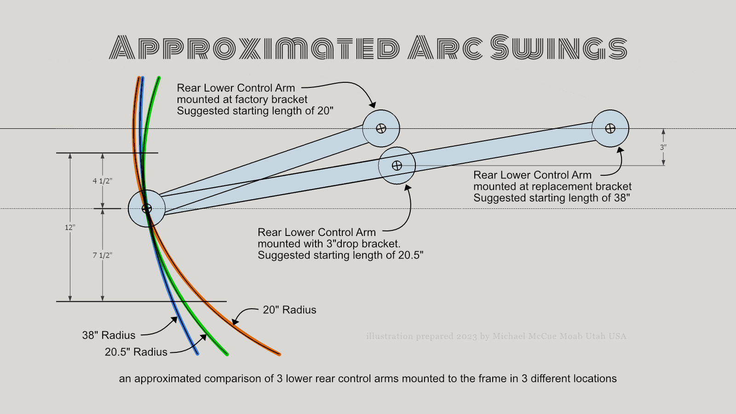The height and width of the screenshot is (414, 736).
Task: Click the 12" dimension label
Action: tap(69, 227)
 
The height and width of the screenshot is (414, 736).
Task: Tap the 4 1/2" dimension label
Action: tap(103, 181)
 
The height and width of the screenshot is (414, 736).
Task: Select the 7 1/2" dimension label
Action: tap(103, 255)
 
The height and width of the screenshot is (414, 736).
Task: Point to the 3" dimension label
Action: tap(663, 147)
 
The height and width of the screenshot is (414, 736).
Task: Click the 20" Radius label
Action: tap(289, 310)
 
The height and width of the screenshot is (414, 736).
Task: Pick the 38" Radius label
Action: tap(109, 335)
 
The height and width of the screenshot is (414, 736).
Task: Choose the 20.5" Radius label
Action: tap(136, 352)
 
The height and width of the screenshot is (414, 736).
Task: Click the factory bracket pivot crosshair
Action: tap(381, 128)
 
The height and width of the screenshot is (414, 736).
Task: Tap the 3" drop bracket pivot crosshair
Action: tap(397, 166)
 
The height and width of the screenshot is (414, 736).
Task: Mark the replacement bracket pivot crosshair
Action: tap(610, 128)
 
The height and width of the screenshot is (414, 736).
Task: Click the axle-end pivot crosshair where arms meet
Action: tap(147, 208)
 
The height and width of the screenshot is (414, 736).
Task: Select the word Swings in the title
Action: tap(558, 47)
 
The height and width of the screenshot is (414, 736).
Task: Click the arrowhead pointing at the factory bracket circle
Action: tap(373, 105)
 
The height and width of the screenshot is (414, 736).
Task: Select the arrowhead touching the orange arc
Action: tap(235, 321)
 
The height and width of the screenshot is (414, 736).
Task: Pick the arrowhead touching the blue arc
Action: tap(174, 319)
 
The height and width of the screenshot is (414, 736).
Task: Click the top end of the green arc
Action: tap(159, 78)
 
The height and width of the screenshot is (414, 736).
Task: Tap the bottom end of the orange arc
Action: tap(279, 355)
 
